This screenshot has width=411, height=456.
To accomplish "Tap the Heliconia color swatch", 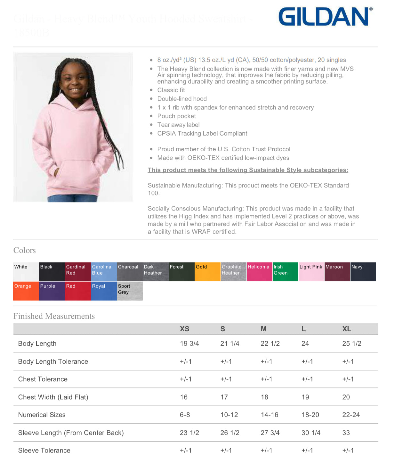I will pyautogui.click(x=259, y=272).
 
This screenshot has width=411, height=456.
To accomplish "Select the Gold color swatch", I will pyautogui.click(x=207, y=272).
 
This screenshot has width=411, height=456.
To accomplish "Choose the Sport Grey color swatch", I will pyautogui.click(x=130, y=291).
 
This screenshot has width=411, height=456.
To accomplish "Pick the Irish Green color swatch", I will pyautogui.click(x=285, y=272).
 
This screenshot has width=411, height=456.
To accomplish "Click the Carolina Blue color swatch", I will pyautogui.click(x=104, y=272).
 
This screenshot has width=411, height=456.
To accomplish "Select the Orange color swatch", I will pyautogui.click(x=26, y=291).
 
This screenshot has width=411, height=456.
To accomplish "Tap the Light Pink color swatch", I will pyautogui.click(x=311, y=272).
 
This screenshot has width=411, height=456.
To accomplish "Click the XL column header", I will pyautogui.click(x=347, y=329).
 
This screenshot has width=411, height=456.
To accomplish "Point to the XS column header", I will pyautogui.click(x=184, y=329).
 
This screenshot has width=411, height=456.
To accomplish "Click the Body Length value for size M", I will pyautogui.click(x=270, y=344).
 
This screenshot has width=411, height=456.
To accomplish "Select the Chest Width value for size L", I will pyautogui.click(x=305, y=397).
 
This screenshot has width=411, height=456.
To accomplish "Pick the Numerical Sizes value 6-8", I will pyautogui.click(x=185, y=415).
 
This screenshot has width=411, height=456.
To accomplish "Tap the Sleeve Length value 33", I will pyautogui.click(x=346, y=433).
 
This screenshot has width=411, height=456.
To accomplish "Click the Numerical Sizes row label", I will pyautogui.click(x=42, y=415).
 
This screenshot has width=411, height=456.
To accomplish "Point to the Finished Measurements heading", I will pyautogui.click(x=54, y=316).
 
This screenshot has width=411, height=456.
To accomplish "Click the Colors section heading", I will pyautogui.click(x=24, y=250).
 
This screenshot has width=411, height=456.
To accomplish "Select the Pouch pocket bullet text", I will pyautogui.click(x=176, y=116).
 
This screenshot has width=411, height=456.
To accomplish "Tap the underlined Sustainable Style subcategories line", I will pyautogui.click(x=248, y=170).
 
